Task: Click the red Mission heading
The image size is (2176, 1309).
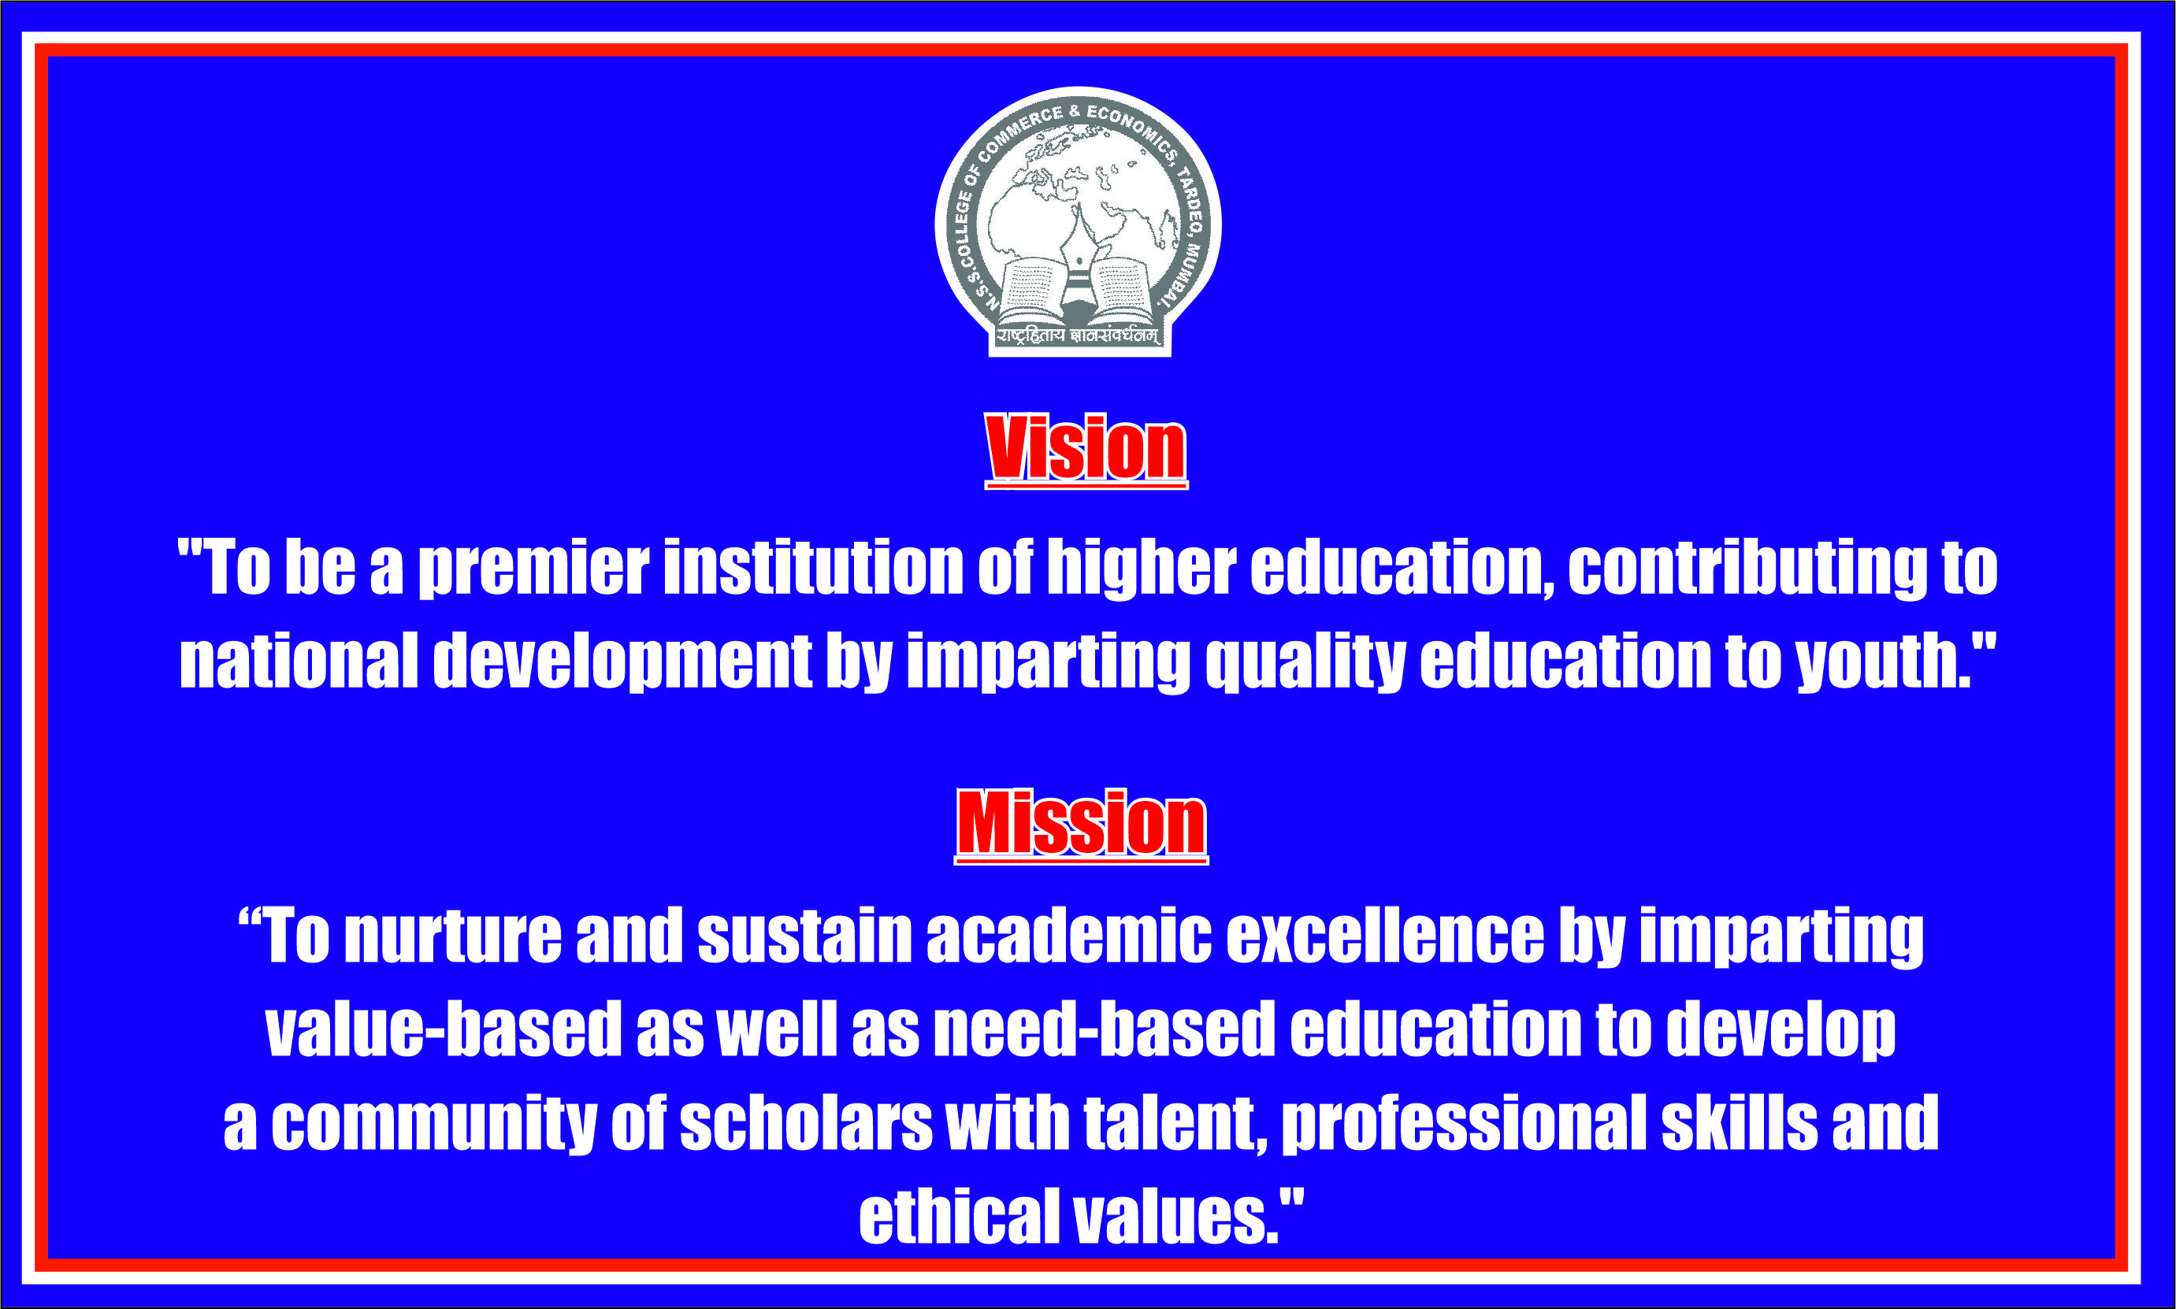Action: click(1082, 824)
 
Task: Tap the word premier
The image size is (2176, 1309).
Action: click(533, 569)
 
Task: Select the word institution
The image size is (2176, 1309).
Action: click(812, 566)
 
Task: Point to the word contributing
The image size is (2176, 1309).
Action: click(1747, 569)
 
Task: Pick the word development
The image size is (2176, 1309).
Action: click(622, 663)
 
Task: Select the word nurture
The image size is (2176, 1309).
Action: click(452, 936)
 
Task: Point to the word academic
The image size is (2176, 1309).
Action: click(1069, 935)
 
